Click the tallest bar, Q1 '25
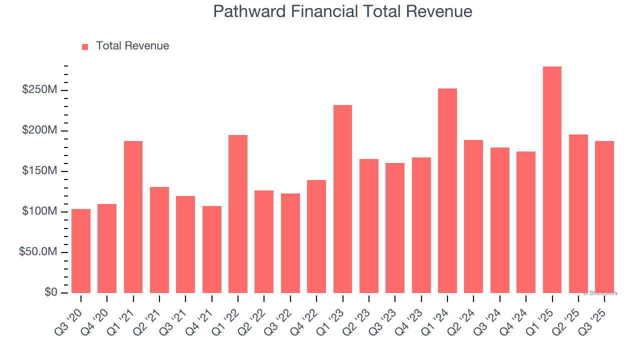(552, 180)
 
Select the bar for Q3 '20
(81, 251)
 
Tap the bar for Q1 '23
(342, 199)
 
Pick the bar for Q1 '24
(447, 191)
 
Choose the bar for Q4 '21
(211, 249)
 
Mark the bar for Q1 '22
(238, 214)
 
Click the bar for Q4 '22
(316, 236)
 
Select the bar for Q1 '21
(133, 217)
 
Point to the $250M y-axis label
(39, 90)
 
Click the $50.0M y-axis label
(37, 252)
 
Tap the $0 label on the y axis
(50, 292)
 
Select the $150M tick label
(39, 171)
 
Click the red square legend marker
(85, 46)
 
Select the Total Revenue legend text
(132, 46)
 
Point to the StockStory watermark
(602, 293)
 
